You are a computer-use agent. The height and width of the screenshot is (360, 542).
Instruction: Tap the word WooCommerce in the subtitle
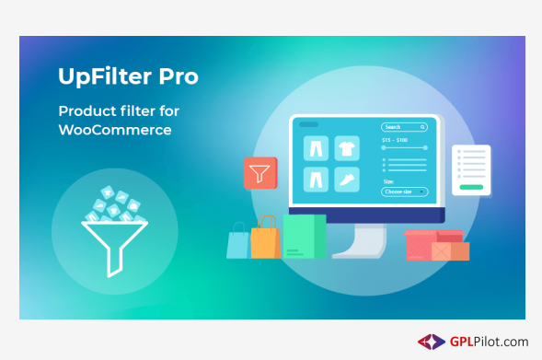point(115,130)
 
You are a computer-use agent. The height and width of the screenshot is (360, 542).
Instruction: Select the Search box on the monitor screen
point(404,127)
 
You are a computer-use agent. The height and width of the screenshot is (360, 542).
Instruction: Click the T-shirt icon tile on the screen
point(346,147)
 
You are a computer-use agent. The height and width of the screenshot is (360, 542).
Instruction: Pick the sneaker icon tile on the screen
point(346,179)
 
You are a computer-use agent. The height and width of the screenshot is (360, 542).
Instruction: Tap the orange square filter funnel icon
point(260,172)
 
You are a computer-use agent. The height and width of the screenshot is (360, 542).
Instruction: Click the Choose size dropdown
point(405,192)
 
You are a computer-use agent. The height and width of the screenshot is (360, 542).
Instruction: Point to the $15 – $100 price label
point(395,140)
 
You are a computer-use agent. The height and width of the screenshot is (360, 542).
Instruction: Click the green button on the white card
point(471,186)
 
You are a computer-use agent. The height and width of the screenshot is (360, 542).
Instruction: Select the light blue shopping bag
point(238,244)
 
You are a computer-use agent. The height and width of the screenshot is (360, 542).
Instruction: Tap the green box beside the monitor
point(304,237)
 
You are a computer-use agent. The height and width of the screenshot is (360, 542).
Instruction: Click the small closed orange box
point(452,250)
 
